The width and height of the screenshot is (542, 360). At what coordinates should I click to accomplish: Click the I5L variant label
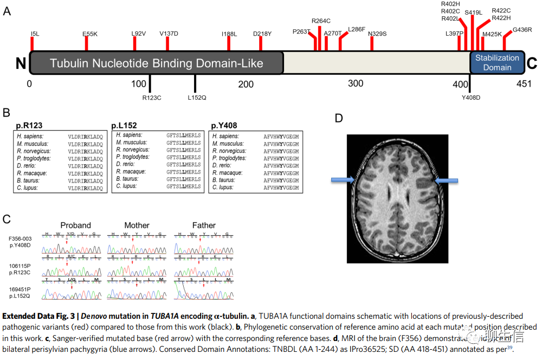pyautogui.click(x=35, y=34)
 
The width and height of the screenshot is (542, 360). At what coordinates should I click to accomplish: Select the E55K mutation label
pyautogui.click(x=90, y=34)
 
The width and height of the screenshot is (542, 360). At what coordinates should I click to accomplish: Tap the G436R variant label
pyautogui.click(x=522, y=30)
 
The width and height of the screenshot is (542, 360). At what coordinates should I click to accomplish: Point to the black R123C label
pyautogui.click(x=152, y=98)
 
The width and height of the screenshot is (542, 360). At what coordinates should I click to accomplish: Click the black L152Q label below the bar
pyautogui.click(x=197, y=98)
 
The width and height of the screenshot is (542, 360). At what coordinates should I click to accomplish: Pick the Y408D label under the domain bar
pyautogui.click(x=471, y=98)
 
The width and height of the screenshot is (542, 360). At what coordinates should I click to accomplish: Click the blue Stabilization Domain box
pyautogui.click(x=497, y=62)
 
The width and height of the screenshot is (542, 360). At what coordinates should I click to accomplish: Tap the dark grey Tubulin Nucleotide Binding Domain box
pyautogui.click(x=157, y=63)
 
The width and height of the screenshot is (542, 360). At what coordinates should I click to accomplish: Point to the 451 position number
pyautogui.click(x=523, y=83)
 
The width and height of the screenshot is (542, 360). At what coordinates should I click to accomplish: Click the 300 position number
pyautogui.click(x=355, y=83)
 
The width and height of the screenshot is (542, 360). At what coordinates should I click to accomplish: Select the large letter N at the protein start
pyautogui.click(x=21, y=64)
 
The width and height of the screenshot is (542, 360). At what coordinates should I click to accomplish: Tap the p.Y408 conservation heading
pyautogui.click(x=224, y=125)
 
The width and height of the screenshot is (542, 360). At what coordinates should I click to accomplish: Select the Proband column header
pyautogui.click(x=75, y=225)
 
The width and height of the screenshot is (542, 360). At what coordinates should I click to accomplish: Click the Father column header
pyautogui.click(x=204, y=225)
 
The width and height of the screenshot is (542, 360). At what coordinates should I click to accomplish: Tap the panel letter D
pyautogui.click(x=339, y=118)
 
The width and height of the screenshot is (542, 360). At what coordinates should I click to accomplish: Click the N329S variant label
pyautogui.click(x=377, y=34)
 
